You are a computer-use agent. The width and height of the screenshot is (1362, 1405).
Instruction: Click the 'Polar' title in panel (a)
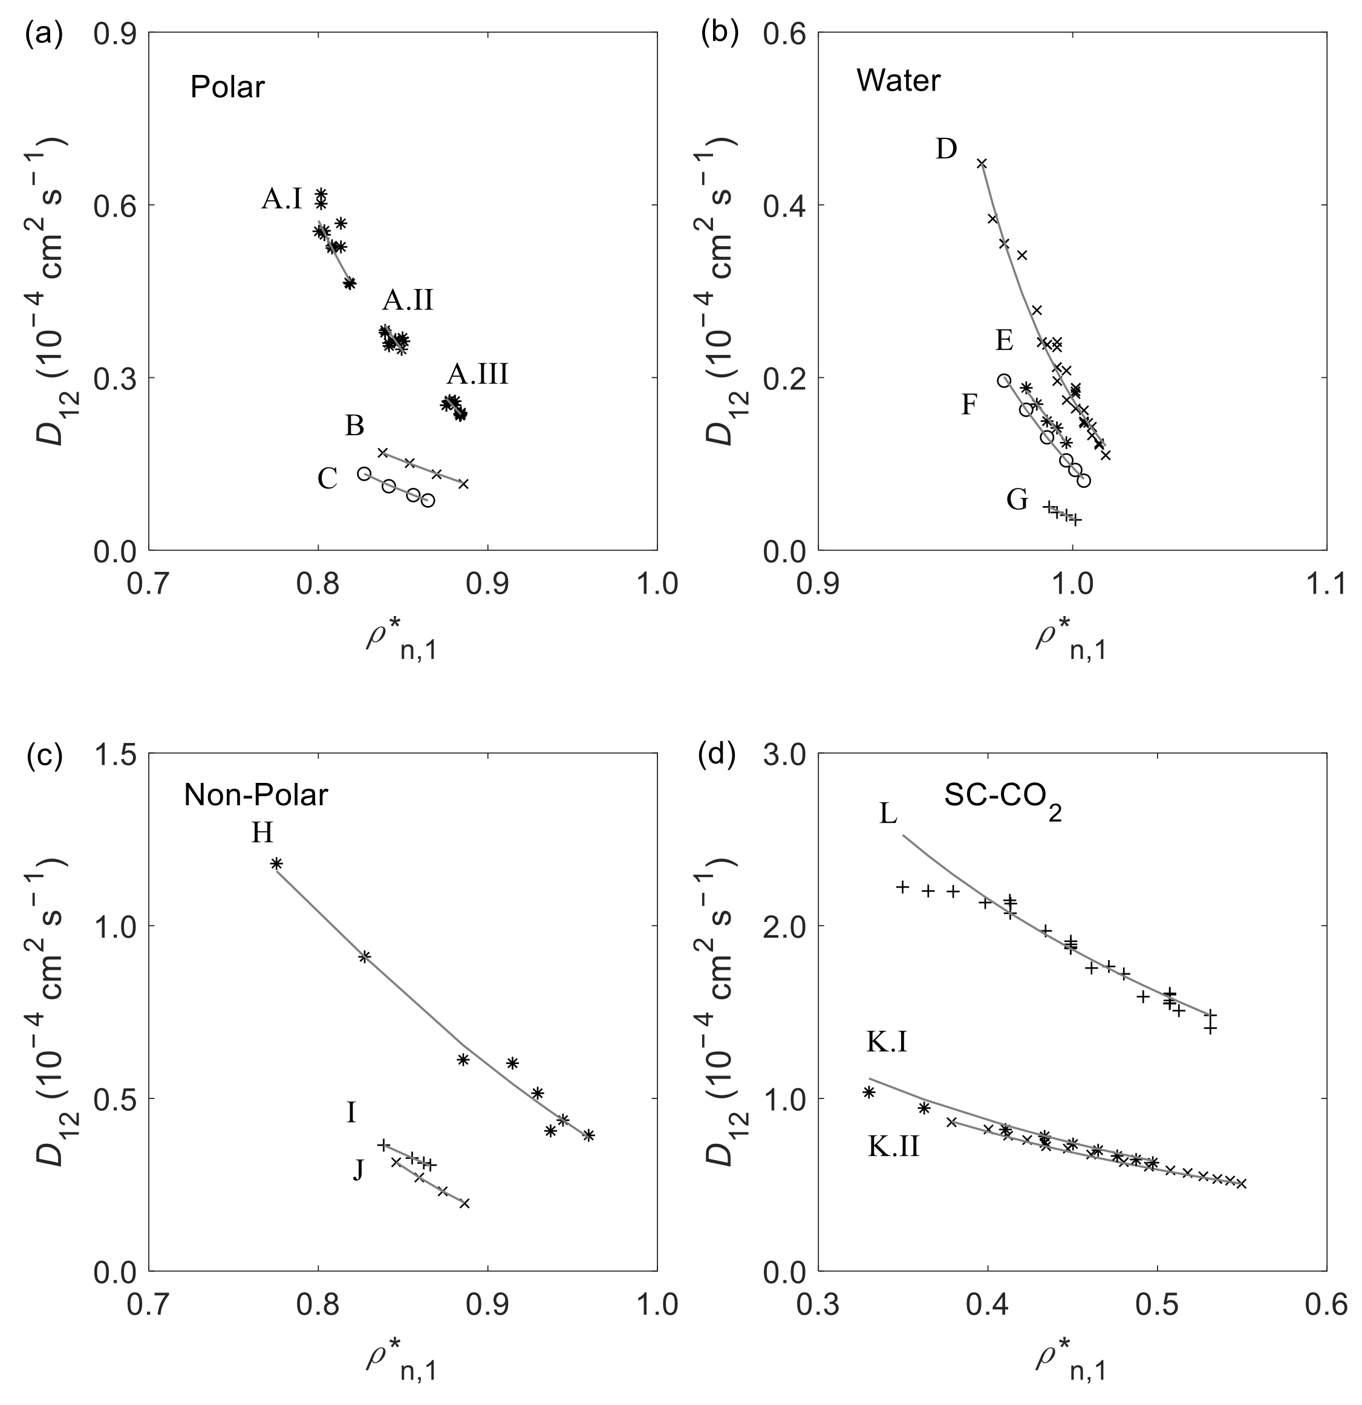coord(227,88)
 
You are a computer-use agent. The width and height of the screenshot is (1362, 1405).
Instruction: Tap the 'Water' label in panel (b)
coord(898,80)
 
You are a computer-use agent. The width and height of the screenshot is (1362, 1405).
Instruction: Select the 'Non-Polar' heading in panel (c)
coord(256,795)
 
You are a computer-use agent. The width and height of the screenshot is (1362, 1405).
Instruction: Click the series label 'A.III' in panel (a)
coord(478,374)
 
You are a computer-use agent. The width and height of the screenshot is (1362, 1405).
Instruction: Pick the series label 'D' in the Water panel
coord(946,149)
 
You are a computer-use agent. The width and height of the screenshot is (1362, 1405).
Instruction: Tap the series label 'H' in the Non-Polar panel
coord(262,833)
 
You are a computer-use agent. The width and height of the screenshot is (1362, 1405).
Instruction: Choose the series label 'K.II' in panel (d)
coord(893,1147)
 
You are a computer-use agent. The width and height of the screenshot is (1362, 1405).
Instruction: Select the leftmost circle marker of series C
coord(364,474)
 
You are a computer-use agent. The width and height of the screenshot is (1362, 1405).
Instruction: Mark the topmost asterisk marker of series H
coord(276,864)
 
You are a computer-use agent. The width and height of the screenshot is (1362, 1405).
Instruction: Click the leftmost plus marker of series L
coord(903,887)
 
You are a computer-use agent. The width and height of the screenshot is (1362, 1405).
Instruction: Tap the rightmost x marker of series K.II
coord(1242,1184)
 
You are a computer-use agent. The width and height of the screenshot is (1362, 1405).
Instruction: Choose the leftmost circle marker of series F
coord(1004,381)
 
